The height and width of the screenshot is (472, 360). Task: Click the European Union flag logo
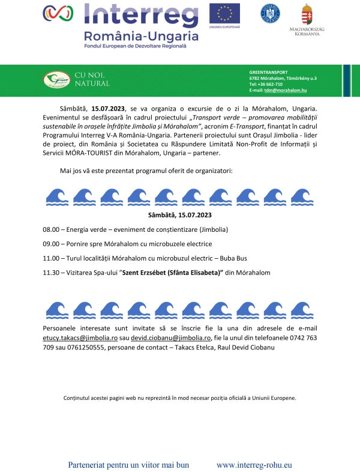tap(224, 13)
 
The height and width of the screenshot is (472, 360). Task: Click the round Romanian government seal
tap(270, 13)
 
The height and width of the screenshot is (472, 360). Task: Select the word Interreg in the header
tap(142, 14)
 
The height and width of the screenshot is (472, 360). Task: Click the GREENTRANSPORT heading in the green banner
tap(268, 71)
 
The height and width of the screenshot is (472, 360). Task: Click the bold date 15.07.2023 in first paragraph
tap(107, 108)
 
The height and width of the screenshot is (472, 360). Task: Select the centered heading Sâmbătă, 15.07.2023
tap(180, 214)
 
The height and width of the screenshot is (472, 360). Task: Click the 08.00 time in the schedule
tap(52, 230)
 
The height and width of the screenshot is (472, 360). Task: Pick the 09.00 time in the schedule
tap(52, 244)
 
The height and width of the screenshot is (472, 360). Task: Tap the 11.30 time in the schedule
tap(52, 272)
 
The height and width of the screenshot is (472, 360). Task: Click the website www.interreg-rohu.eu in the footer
tap(254, 465)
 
